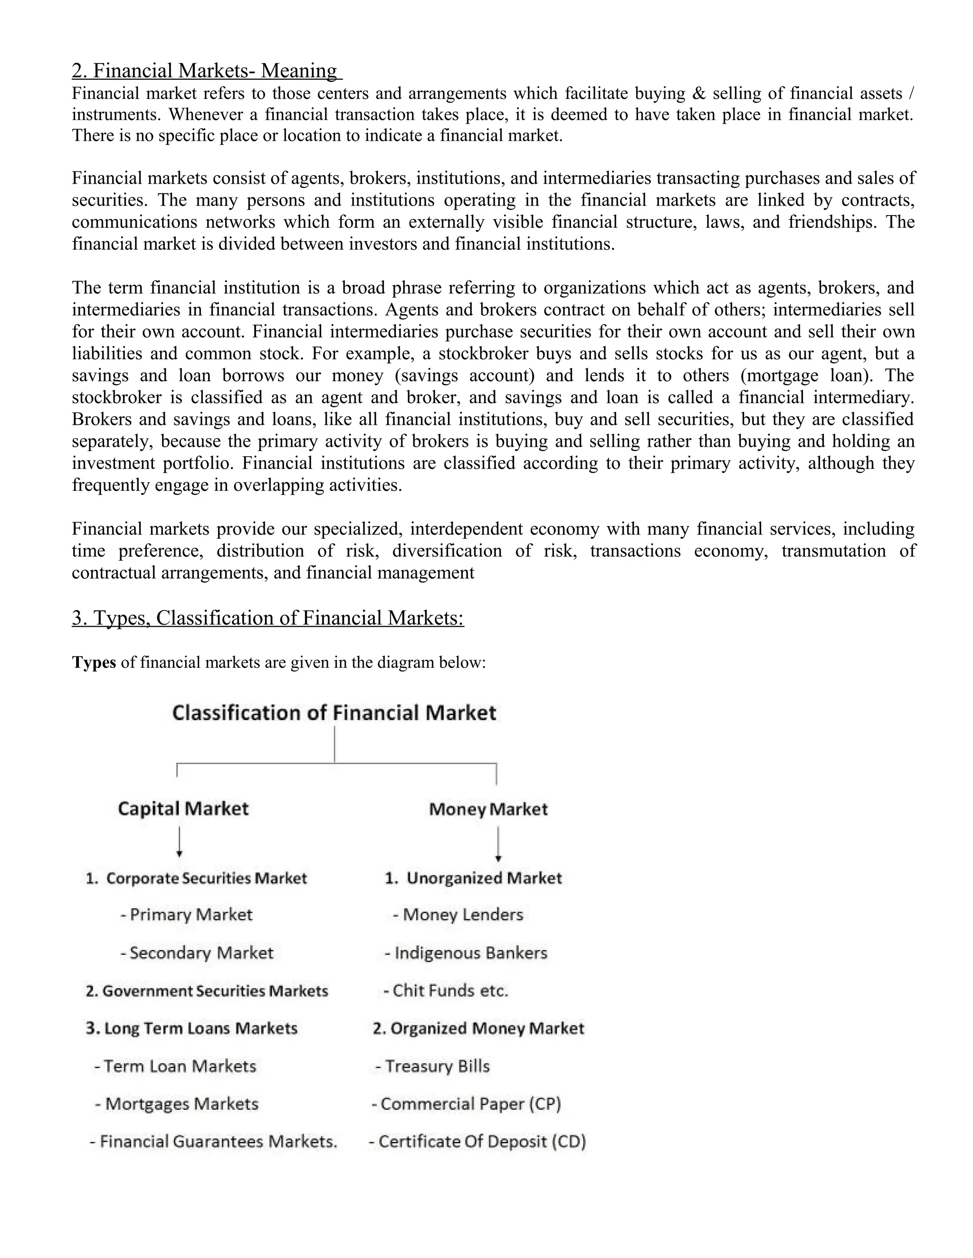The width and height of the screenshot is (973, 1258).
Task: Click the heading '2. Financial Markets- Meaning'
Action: tap(206, 71)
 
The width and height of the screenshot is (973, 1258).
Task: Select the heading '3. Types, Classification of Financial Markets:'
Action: tap(267, 618)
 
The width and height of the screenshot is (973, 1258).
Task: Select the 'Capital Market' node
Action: tap(183, 809)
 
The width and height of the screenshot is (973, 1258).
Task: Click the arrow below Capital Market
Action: tap(180, 842)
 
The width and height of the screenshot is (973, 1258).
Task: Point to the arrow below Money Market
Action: tap(498, 844)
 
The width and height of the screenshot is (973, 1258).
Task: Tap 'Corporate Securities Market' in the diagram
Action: tap(197, 878)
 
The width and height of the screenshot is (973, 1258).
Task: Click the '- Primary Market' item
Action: tap(186, 915)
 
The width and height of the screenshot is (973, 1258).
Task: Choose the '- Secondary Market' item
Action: tap(197, 953)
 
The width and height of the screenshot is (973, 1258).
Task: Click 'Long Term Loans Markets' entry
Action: tap(192, 1028)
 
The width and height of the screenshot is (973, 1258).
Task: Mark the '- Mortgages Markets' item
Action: tap(176, 1104)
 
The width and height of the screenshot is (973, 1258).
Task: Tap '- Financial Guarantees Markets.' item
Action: tap(213, 1141)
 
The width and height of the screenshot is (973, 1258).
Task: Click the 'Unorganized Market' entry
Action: tap(473, 878)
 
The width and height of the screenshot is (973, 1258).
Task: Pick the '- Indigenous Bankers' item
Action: tap(466, 953)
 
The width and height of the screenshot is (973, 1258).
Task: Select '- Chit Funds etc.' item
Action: tap(446, 991)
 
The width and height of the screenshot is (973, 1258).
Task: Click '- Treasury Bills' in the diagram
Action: tap(432, 1066)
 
